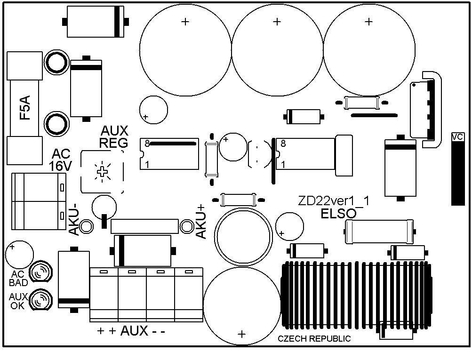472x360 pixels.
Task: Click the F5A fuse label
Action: click(x=25, y=108)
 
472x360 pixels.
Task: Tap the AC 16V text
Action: click(x=61, y=160)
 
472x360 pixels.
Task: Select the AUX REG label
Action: click(x=114, y=136)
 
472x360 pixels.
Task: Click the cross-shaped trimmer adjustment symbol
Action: click(x=102, y=172)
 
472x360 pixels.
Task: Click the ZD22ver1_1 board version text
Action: click(x=334, y=201)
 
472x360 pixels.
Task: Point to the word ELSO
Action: click(x=339, y=214)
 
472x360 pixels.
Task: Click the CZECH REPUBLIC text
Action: click(x=314, y=339)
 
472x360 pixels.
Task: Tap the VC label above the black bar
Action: click(x=457, y=137)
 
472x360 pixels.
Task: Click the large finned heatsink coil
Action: click(x=356, y=296)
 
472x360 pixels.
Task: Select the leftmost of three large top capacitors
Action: click(x=185, y=50)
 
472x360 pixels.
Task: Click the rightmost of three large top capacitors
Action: click(x=369, y=50)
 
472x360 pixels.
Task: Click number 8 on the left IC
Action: click(x=147, y=144)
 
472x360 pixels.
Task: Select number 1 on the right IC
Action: click(x=283, y=165)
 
